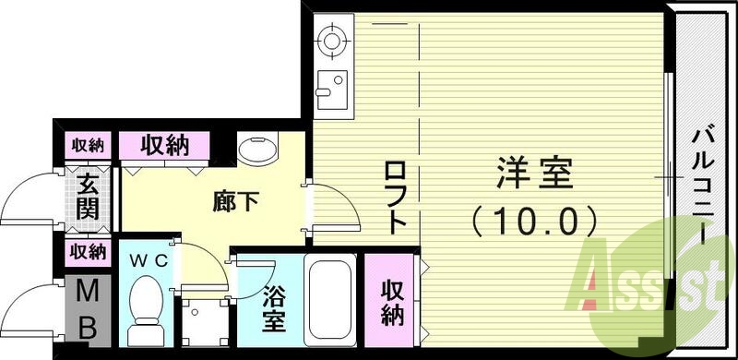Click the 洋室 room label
point(536,172)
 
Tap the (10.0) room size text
point(536,220)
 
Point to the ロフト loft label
point(395,197)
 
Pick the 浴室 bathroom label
point(274,309)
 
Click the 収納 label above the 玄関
point(89,145)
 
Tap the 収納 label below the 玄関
point(89,251)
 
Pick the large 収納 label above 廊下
point(166,144)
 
